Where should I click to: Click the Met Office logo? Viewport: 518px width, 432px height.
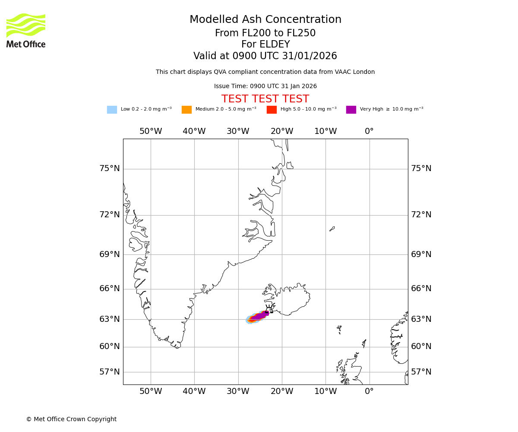(26, 30)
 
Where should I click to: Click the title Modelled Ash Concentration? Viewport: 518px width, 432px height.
(265, 20)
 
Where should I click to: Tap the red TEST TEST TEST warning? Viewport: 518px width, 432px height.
(265, 99)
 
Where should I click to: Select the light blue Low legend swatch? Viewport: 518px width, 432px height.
(112, 110)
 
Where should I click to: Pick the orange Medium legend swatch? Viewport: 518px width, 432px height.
(186, 110)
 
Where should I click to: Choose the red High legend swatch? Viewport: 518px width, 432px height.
(272, 110)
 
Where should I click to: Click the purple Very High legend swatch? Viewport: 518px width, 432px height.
(351, 110)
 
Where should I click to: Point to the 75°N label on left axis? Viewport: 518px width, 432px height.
(110, 168)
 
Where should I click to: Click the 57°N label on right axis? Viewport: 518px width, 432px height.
(421, 372)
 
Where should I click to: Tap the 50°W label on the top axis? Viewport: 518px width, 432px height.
(151, 131)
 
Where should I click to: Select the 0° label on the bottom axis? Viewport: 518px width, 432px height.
(369, 391)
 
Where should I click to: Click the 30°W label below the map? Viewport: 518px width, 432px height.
(238, 391)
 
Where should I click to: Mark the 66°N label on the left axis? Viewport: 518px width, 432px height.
(110, 289)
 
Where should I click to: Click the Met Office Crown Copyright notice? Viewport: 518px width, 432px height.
(71, 419)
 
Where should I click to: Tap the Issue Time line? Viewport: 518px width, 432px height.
(265, 86)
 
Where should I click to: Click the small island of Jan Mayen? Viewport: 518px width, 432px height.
(332, 229)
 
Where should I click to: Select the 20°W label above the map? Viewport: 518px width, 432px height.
(282, 131)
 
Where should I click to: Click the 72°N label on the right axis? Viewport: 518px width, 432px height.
(421, 215)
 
